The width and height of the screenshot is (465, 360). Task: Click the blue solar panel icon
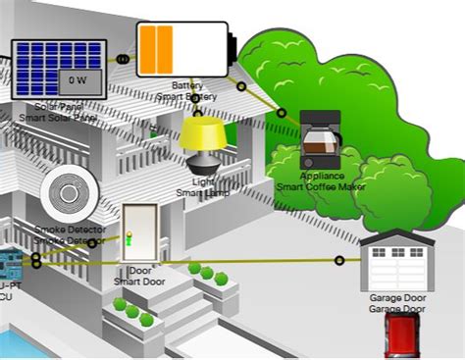click(59, 69)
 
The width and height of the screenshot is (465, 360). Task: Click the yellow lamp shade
click(204, 132)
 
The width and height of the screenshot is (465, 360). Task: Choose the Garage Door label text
click(397, 297)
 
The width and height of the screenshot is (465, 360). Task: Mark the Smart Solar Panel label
click(58, 118)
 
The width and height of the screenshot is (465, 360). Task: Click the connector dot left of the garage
click(339, 260)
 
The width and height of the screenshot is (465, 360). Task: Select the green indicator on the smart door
click(128, 236)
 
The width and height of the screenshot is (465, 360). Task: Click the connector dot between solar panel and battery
click(122, 59)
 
